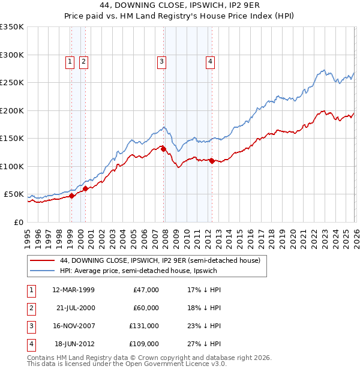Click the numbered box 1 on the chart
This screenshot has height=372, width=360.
pyautogui.click(x=70, y=61)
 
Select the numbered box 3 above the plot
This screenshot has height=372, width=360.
pyautogui.click(x=161, y=61)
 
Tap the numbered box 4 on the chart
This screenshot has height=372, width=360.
pyautogui.click(x=211, y=61)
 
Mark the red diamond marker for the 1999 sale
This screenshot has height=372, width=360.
pyautogui.click(x=71, y=196)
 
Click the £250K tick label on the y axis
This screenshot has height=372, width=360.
pyautogui.click(x=11, y=83)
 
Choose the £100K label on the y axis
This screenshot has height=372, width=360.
pyautogui.click(x=11, y=166)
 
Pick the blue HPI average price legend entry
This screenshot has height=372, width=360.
pyautogui.click(x=138, y=271)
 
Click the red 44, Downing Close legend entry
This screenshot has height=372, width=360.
pyautogui.click(x=160, y=261)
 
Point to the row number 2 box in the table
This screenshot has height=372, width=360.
pyautogui.click(x=30, y=308)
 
